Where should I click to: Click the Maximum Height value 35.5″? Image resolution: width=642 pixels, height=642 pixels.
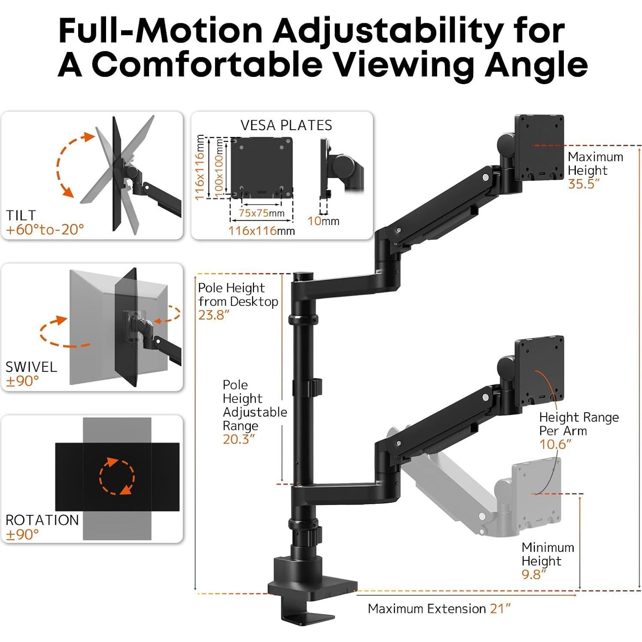583,184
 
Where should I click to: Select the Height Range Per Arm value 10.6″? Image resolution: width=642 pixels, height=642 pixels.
555,444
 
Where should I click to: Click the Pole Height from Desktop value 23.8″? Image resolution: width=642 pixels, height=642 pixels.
214,315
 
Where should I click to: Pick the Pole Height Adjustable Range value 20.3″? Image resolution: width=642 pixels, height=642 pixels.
238,439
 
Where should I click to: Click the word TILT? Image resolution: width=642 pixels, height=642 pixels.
21,215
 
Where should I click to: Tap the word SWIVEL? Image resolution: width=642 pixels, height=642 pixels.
31,367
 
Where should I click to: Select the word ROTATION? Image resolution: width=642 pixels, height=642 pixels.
42,520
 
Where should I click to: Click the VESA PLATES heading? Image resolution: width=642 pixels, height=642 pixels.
286,125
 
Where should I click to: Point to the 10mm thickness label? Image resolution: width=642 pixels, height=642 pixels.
323,221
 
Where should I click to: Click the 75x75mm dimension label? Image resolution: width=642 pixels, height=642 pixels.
262,213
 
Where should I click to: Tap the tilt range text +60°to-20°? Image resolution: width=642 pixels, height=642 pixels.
45,230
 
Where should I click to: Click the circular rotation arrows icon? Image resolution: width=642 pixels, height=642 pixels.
117,476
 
